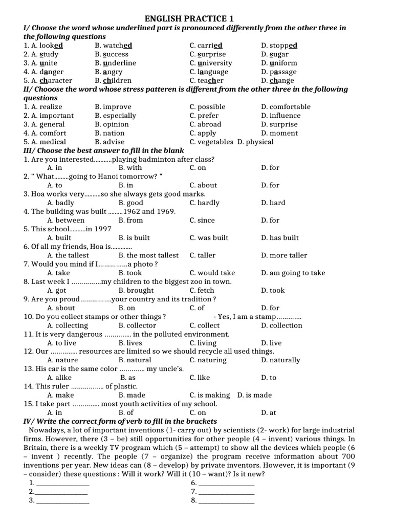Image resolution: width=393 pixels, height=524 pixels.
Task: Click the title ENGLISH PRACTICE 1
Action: tap(196, 19)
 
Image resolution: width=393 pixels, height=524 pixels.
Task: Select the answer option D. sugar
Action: tap(275, 54)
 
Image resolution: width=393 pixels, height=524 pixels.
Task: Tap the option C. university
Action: tap(210, 63)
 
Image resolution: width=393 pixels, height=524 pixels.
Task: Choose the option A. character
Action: tap(48, 80)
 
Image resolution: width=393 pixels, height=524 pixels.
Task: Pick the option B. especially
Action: tap(115, 116)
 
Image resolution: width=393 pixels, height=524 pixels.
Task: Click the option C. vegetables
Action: tap(211, 142)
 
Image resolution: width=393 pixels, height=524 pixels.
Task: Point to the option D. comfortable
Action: tap(286, 107)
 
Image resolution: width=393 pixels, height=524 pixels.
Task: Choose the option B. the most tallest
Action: tap(148, 255)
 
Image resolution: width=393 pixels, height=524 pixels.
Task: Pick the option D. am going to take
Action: tap(293, 273)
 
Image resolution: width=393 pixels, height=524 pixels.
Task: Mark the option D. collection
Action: tap(281, 325)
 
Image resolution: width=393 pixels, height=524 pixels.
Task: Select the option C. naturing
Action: tap(208, 360)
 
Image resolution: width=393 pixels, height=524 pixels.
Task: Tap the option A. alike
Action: tap(60, 378)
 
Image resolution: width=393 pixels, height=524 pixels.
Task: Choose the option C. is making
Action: tap(210, 395)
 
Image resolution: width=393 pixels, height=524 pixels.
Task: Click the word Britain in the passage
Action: tap(37, 448)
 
